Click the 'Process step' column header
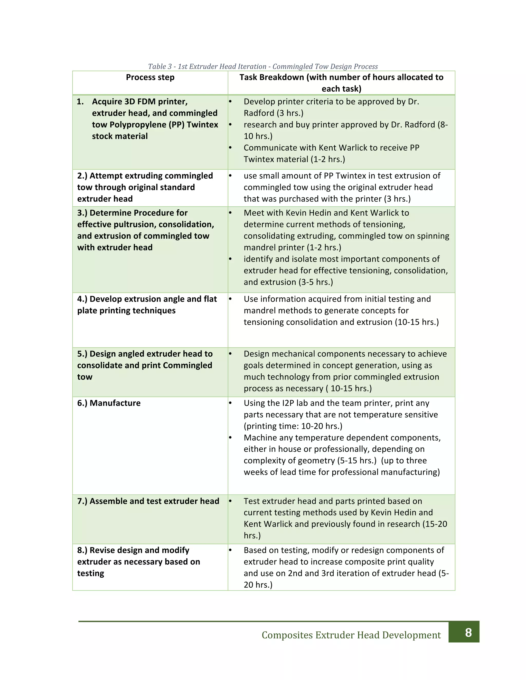click(x=150, y=77)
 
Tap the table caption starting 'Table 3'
click(x=263, y=66)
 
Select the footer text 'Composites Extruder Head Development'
click(x=351, y=635)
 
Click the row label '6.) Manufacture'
click(x=109, y=403)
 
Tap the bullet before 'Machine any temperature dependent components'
click(x=230, y=438)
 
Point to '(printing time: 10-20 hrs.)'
click(x=293, y=426)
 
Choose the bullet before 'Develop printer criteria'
click(x=230, y=102)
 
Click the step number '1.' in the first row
click(x=80, y=102)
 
